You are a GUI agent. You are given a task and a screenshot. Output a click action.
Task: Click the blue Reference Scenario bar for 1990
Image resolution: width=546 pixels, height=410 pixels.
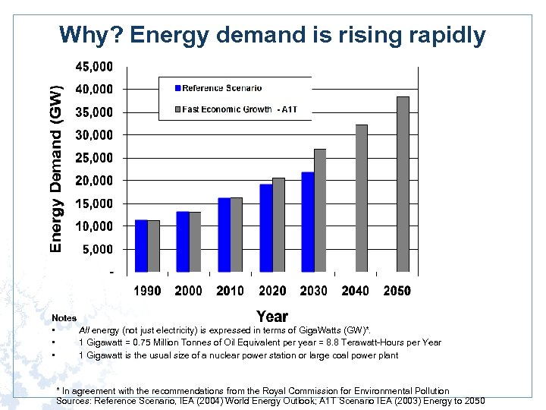point(141,246)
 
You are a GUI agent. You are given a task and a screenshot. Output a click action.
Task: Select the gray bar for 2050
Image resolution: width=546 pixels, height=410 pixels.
point(403,184)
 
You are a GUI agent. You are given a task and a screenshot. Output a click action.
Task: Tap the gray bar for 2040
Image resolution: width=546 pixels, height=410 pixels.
point(361,198)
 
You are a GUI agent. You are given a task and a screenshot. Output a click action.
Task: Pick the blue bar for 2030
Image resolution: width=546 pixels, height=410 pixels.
point(307,222)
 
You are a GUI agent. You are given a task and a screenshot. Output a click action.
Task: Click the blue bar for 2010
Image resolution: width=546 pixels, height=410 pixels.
point(224,235)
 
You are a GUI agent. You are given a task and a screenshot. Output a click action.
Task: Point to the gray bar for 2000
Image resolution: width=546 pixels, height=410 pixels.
point(195,241)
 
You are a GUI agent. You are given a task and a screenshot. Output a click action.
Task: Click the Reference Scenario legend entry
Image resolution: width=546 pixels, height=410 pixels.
point(221,88)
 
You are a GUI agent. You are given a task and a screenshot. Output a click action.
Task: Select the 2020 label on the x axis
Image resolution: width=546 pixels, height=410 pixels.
point(272,291)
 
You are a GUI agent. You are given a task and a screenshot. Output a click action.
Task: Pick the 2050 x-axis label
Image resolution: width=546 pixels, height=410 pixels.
point(397,291)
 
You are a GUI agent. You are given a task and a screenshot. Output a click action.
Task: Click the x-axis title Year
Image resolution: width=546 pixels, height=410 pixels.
point(271,316)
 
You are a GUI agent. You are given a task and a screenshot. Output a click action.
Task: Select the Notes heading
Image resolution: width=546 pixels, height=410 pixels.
point(64,318)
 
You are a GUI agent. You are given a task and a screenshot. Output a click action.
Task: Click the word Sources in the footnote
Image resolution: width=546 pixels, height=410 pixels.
point(73,400)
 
